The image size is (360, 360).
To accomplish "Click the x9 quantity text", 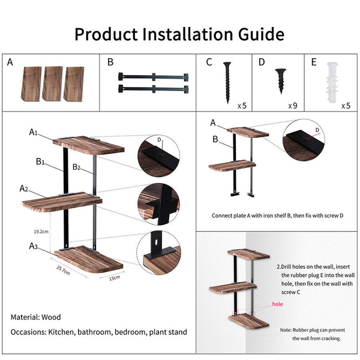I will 293,106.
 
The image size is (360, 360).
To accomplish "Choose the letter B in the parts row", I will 110,62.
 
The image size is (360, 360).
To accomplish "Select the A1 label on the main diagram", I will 35,132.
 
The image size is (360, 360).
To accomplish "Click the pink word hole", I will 277,304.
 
